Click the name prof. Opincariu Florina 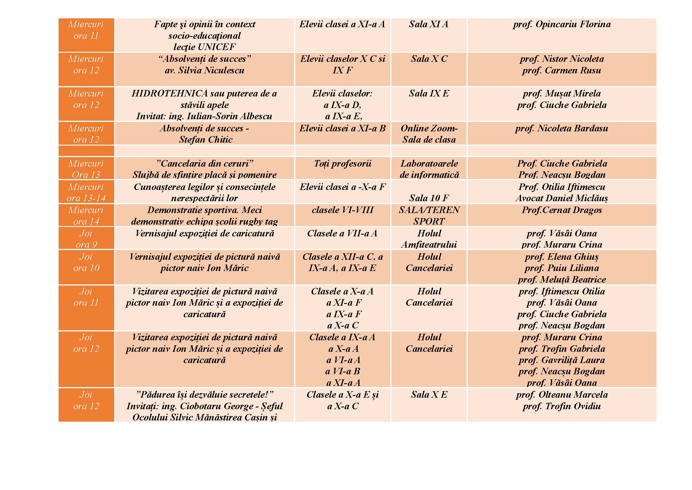coord(562,24)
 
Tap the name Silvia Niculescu coord(211,70)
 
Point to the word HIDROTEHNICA coord(170,94)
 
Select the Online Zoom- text coord(429,128)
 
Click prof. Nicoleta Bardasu coord(562,128)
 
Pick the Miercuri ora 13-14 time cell coord(86,192)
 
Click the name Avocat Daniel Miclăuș coord(562,198)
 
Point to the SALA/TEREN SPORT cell coord(429,215)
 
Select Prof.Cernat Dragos coord(562,210)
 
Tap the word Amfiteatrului coord(429,245)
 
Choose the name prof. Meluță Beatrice coord(562,280)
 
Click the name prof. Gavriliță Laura coord(562,360)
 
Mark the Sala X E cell coord(429,395)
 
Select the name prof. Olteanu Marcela coord(562,395)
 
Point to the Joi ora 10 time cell coord(86,262)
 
